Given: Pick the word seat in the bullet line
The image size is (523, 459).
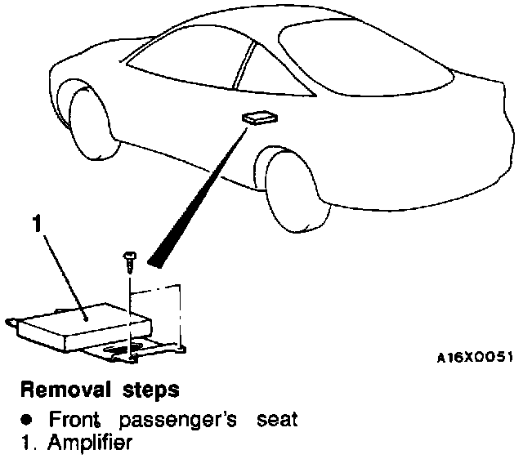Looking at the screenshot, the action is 272,421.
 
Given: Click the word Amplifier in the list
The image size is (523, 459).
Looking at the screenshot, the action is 78,443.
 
